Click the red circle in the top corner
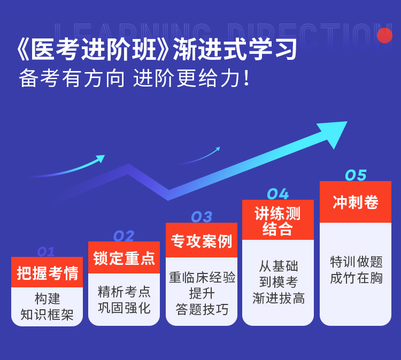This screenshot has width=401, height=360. (x=384, y=35)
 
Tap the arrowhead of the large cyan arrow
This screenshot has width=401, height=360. (x=333, y=133)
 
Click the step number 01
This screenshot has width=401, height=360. (x=46, y=252)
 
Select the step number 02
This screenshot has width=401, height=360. (x=124, y=236)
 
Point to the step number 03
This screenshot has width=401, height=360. (x=202, y=217)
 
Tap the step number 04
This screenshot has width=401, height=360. (x=278, y=194)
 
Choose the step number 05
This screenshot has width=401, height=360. (x=356, y=175)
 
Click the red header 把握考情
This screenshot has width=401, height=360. (x=47, y=272)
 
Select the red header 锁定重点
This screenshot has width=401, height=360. (x=124, y=257)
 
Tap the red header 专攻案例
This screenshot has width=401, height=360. (x=202, y=240)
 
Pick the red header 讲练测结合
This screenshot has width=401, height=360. (x=278, y=220)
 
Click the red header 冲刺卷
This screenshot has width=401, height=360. (x=356, y=202)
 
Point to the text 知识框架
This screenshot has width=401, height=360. (x=47, y=315)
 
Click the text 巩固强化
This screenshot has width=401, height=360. (x=124, y=308)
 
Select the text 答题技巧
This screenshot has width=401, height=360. (x=202, y=309)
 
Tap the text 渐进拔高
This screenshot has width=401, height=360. (x=279, y=298)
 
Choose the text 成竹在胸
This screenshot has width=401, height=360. (x=356, y=278)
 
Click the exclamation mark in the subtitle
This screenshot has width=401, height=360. (x=246, y=78)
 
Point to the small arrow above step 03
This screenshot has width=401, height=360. (x=199, y=156)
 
